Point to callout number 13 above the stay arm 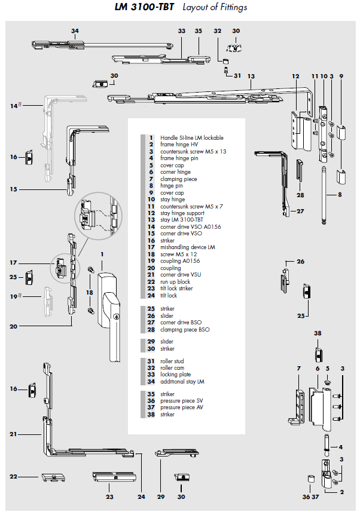click(x=251, y=76)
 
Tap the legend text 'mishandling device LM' click(x=187, y=247)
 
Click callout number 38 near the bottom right click(x=318, y=333)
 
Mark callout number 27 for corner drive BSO click(x=300, y=211)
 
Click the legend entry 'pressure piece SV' click(x=181, y=401)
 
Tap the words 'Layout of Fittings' click(x=215, y=7)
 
